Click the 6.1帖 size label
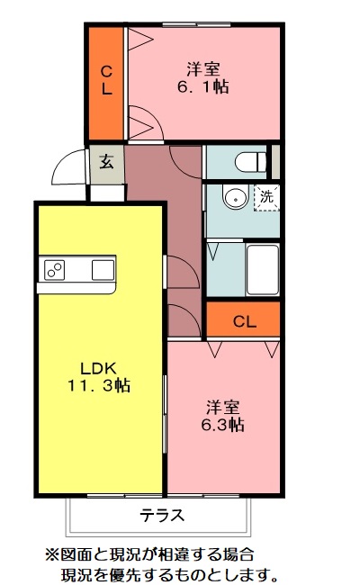pos(204,87)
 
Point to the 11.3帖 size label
pos(99,386)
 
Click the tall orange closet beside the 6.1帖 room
pos(106,80)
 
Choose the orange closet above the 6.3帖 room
pos(243,320)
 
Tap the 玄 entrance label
pos(106,162)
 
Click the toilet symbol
pos(247,162)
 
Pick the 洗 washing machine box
pos(266,196)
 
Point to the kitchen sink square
pos(102,268)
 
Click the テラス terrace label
pos(162,517)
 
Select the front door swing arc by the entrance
pos(67,166)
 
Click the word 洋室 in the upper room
pos(204,68)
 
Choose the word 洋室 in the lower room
pos(222,406)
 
